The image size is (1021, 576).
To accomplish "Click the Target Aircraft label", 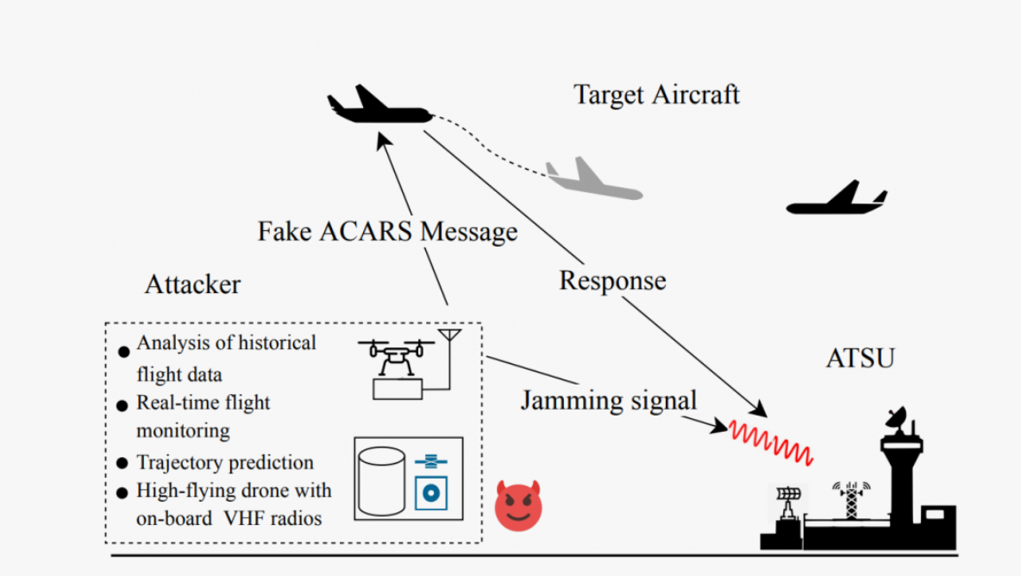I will point(656,94).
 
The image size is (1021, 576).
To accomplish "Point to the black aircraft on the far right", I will point(836,200).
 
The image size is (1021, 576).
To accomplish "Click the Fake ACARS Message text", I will point(387,232).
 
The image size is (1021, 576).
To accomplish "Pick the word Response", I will point(612,280).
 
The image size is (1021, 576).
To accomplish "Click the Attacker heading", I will point(192,284).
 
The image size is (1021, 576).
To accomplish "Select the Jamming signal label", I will point(608,401).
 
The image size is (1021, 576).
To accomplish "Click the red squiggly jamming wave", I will point(770,440).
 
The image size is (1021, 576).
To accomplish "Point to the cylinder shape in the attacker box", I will point(380,480).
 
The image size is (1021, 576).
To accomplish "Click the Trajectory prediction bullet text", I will point(224,463).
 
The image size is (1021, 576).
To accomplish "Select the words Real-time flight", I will point(203,403).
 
